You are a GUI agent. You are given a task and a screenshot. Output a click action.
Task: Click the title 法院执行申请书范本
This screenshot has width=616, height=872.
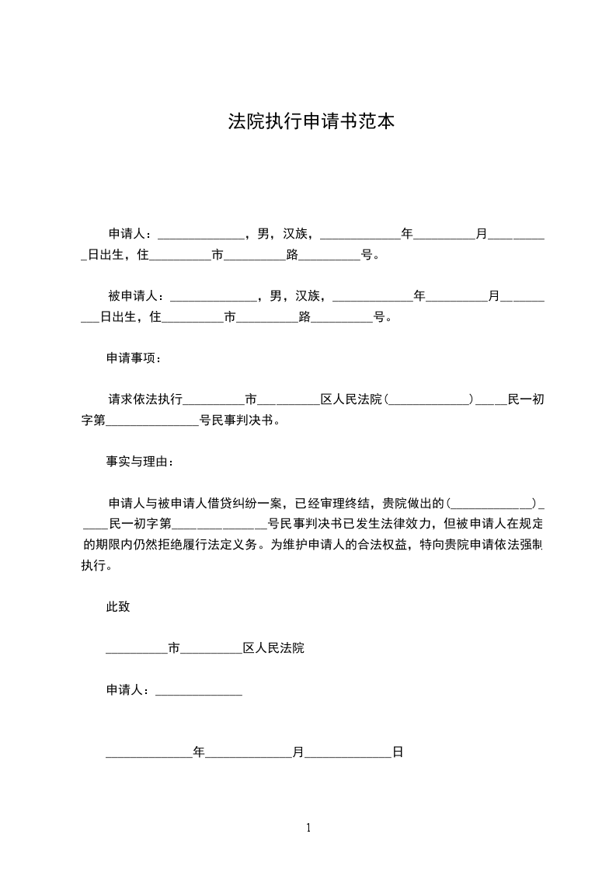tap(308, 121)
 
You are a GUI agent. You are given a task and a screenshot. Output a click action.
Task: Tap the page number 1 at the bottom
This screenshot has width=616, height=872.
tap(308, 828)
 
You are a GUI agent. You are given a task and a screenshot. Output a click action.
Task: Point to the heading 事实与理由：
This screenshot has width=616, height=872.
tap(141, 462)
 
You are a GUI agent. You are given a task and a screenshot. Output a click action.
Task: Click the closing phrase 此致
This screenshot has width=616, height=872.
tap(118, 608)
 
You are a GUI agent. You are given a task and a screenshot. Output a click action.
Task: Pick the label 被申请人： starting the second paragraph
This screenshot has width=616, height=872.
tap(137, 296)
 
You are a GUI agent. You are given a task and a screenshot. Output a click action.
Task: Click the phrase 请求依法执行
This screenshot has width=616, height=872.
tap(145, 399)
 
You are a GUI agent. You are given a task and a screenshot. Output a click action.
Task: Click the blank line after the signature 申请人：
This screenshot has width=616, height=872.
tap(199, 690)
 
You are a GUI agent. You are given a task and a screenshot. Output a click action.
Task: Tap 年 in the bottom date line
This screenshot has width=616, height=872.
tap(199, 752)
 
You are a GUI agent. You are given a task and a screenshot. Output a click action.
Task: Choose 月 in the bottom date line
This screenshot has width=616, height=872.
tap(298, 752)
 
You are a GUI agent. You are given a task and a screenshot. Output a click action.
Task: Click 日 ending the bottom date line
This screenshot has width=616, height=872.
tap(398, 752)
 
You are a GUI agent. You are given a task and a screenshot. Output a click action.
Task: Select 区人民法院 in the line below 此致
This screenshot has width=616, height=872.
tap(274, 648)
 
